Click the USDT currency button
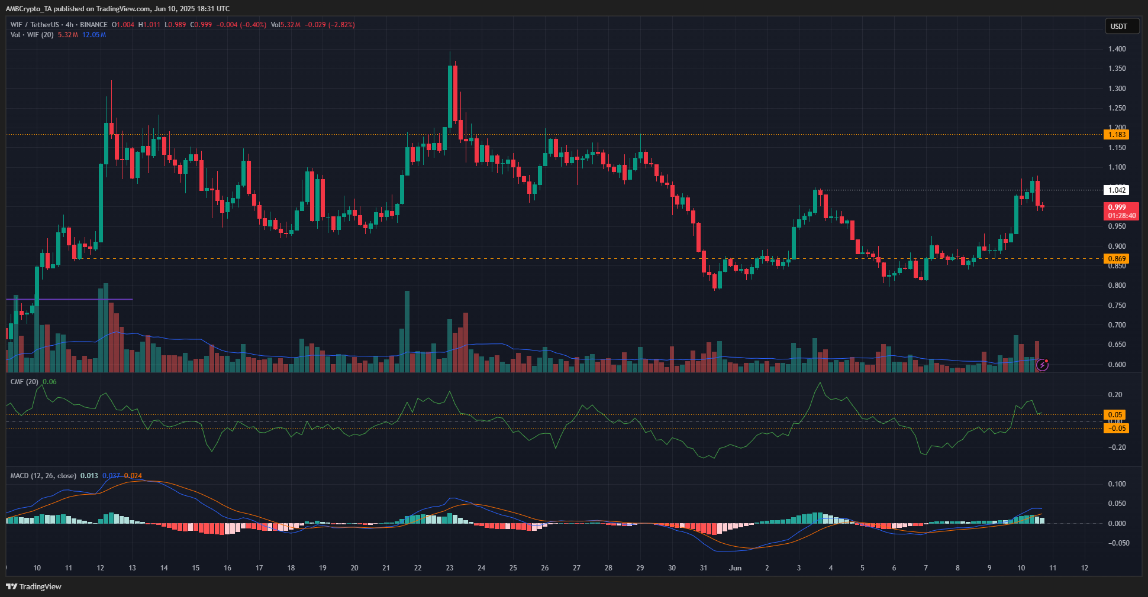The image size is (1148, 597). click(x=1121, y=26)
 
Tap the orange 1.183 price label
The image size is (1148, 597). click(x=1117, y=135)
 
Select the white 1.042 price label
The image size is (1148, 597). click(x=1117, y=190)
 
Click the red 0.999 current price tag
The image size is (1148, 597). click(x=1121, y=211)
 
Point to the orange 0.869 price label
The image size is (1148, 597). click(x=1117, y=259)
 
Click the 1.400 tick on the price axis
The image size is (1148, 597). click(x=1117, y=49)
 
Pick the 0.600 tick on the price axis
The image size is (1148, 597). click(x=1117, y=365)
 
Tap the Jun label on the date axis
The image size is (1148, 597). click(x=735, y=568)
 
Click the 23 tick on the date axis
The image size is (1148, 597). click(x=450, y=568)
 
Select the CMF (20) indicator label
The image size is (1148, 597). click(x=24, y=382)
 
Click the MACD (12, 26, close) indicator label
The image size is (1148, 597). click(x=43, y=476)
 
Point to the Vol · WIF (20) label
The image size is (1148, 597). click(x=32, y=35)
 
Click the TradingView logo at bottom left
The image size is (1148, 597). click(x=34, y=586)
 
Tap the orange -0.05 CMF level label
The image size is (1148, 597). click(x=1116, y=429)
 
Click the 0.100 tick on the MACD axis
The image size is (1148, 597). click(x=1117, y=484)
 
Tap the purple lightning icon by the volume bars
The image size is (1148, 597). click(x=1043, y=365)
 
